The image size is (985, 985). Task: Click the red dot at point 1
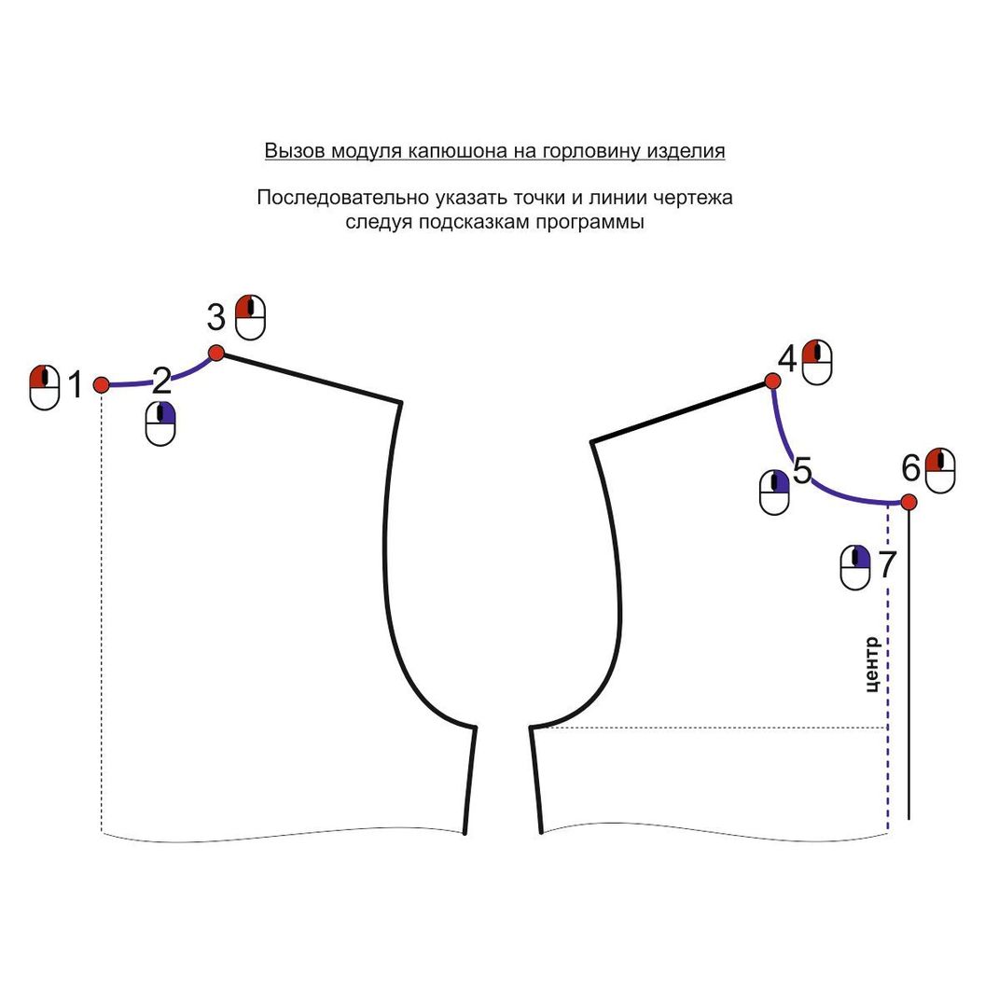101,384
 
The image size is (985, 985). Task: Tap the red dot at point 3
216,353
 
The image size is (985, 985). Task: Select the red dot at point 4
772,381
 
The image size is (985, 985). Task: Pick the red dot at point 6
909,502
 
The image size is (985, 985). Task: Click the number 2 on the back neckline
162,380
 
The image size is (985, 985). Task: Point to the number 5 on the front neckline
802,470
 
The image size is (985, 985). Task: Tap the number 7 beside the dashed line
887,563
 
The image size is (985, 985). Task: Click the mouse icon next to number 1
45,388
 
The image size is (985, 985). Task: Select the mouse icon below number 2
160,423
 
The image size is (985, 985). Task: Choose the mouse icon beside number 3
251,317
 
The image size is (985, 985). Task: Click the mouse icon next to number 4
817,362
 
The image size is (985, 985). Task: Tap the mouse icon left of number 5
774,492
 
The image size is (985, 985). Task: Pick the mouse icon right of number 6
940,470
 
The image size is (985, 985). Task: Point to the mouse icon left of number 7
855,567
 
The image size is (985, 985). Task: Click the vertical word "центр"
872,665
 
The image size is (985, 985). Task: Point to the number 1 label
76,384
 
